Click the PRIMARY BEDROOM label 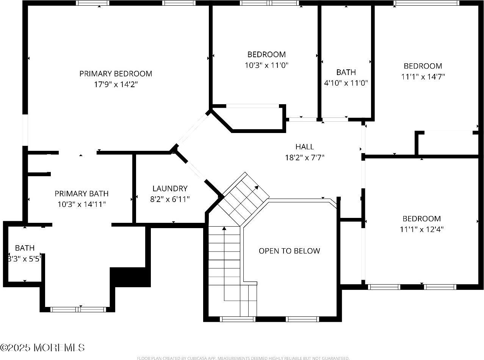tap(116, 74)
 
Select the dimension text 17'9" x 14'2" tap(116, 84)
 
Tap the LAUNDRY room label tap(170, 188)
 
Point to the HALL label tap(305, 147)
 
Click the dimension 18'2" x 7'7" tap(305, 157)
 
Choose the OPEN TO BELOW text tap(289, 251)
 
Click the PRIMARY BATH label tap(81, 194)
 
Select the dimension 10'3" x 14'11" tap(81, 204)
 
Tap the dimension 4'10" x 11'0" tap(346, 83)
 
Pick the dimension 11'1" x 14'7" tap(423, 76)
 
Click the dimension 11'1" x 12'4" tap(421, 229)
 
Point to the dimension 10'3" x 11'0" tap(266, 65)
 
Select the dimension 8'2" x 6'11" tap(170, 199)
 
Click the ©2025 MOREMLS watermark tap(42, 347)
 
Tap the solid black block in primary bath tap(130, 277)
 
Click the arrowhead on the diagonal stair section tap(257, 187)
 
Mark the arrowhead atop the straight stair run tap(224, 229)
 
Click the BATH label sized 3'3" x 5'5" tap(25, 248)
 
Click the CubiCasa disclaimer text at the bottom tap(243, 358)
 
